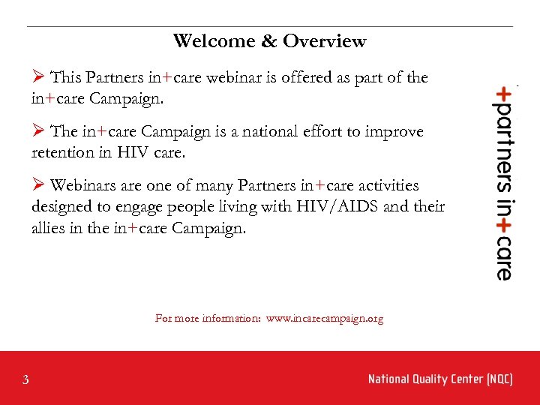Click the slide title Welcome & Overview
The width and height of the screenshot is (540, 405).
coord(269,41)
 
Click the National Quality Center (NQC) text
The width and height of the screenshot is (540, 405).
coord(440,379)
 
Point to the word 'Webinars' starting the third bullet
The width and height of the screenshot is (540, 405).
coord(85,186)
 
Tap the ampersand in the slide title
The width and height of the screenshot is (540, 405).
coord(269,41)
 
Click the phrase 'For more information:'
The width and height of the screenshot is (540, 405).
coord(208,319)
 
